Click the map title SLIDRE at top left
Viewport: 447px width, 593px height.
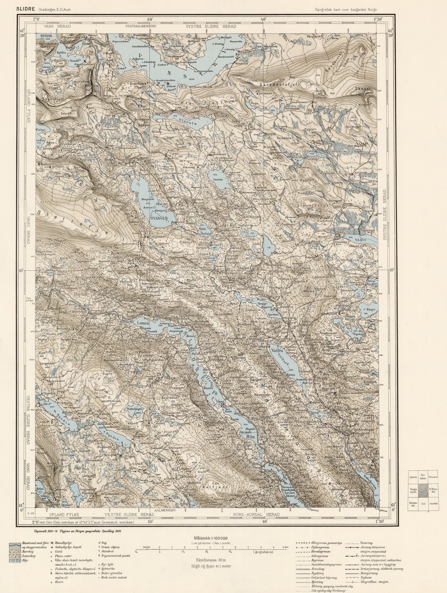[26, 9]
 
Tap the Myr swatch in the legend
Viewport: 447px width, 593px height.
[15, 560]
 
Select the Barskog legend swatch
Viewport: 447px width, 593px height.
[15, 551]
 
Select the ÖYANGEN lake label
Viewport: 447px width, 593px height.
[159, 218]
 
